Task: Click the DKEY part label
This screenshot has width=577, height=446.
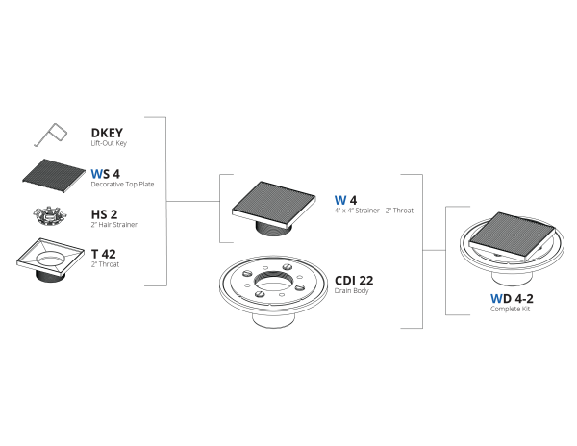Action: [107, 133]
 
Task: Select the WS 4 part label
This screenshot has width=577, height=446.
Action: [105, 174]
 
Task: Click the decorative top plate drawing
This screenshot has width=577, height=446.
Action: [54, 176]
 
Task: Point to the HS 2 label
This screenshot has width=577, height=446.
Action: [104, 214]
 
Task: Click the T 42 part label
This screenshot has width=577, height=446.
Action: [104, 254]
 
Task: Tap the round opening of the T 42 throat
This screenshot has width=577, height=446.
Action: [50, 257]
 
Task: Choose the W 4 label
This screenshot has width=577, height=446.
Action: [345, 200]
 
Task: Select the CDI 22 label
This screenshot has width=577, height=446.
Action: [354, 281]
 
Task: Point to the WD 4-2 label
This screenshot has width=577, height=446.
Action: [512, 298]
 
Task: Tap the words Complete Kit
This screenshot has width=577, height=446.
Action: [510, 309]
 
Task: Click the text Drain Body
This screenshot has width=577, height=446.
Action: [351, 291]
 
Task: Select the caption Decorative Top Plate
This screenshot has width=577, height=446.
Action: [122, 185]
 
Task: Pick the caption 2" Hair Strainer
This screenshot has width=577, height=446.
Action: [114, 224]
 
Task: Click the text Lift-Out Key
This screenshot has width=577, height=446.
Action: [109, 143]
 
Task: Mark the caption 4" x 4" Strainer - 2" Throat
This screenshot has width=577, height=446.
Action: [374, 211]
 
